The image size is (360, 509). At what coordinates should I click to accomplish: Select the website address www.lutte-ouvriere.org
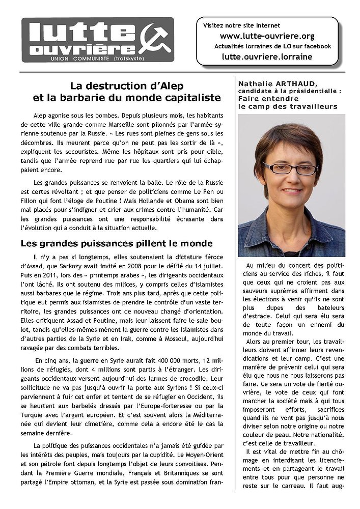click(267, 36)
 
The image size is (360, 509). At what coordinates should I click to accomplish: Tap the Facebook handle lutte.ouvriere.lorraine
click(267, 56)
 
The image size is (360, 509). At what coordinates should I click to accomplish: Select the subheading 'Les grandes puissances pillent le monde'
click(116, 243)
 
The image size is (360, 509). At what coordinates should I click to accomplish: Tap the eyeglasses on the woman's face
click(288, 168)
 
